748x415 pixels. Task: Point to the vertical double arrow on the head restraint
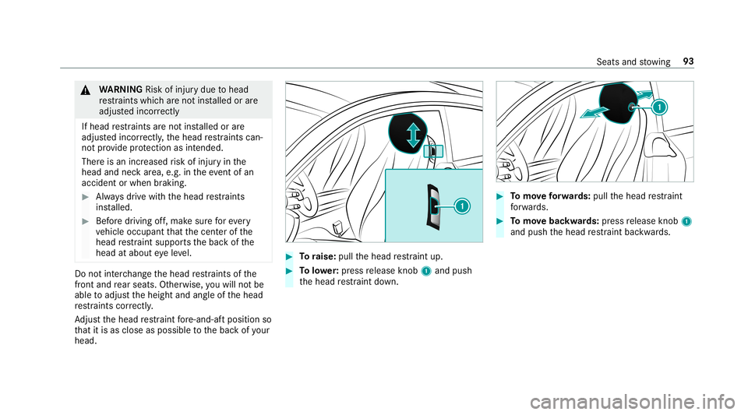tap(411, 133)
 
